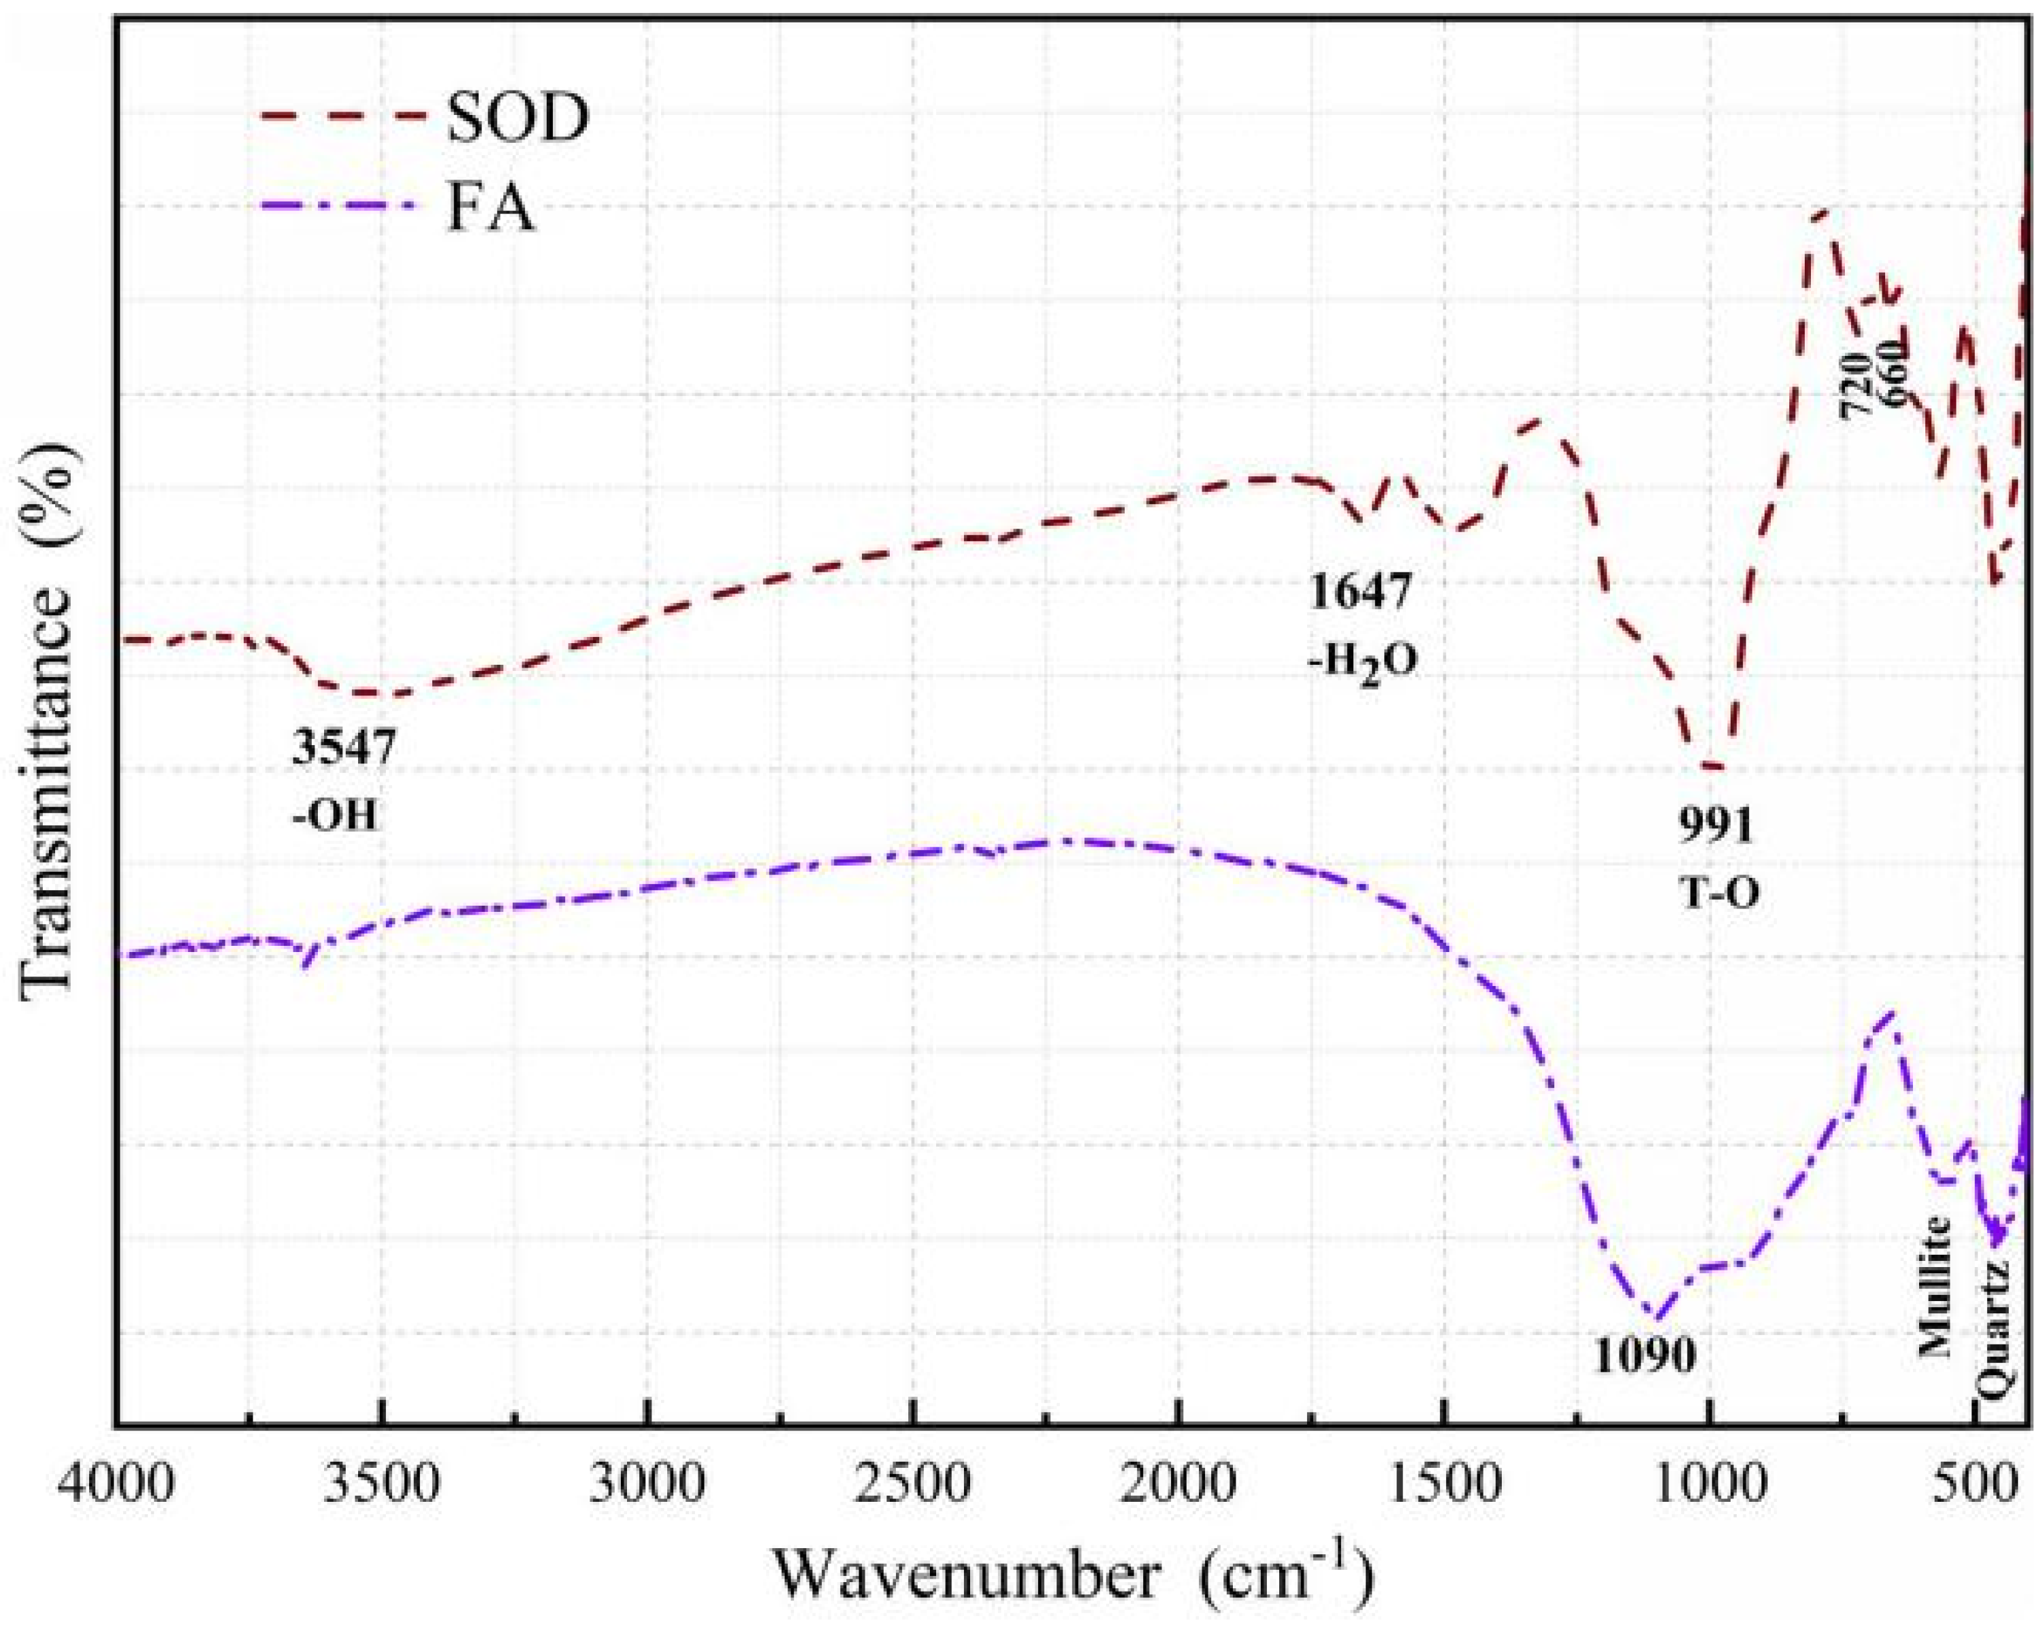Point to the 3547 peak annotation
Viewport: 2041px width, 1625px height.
(x=342, y=748)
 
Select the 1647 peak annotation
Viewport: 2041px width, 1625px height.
(x=1360, y=593)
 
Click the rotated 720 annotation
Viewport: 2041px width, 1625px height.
(x=1855, y=385)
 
